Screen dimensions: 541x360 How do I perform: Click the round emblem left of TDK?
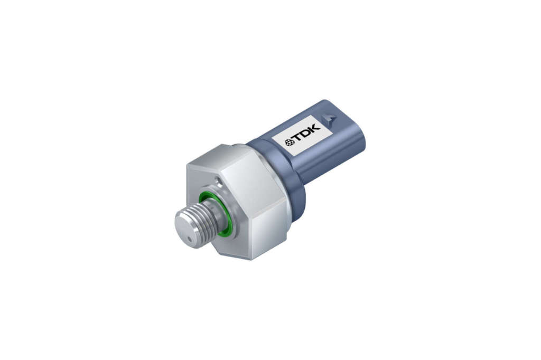tap(289, 141)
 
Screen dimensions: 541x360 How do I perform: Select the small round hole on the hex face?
tap(217, 180)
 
